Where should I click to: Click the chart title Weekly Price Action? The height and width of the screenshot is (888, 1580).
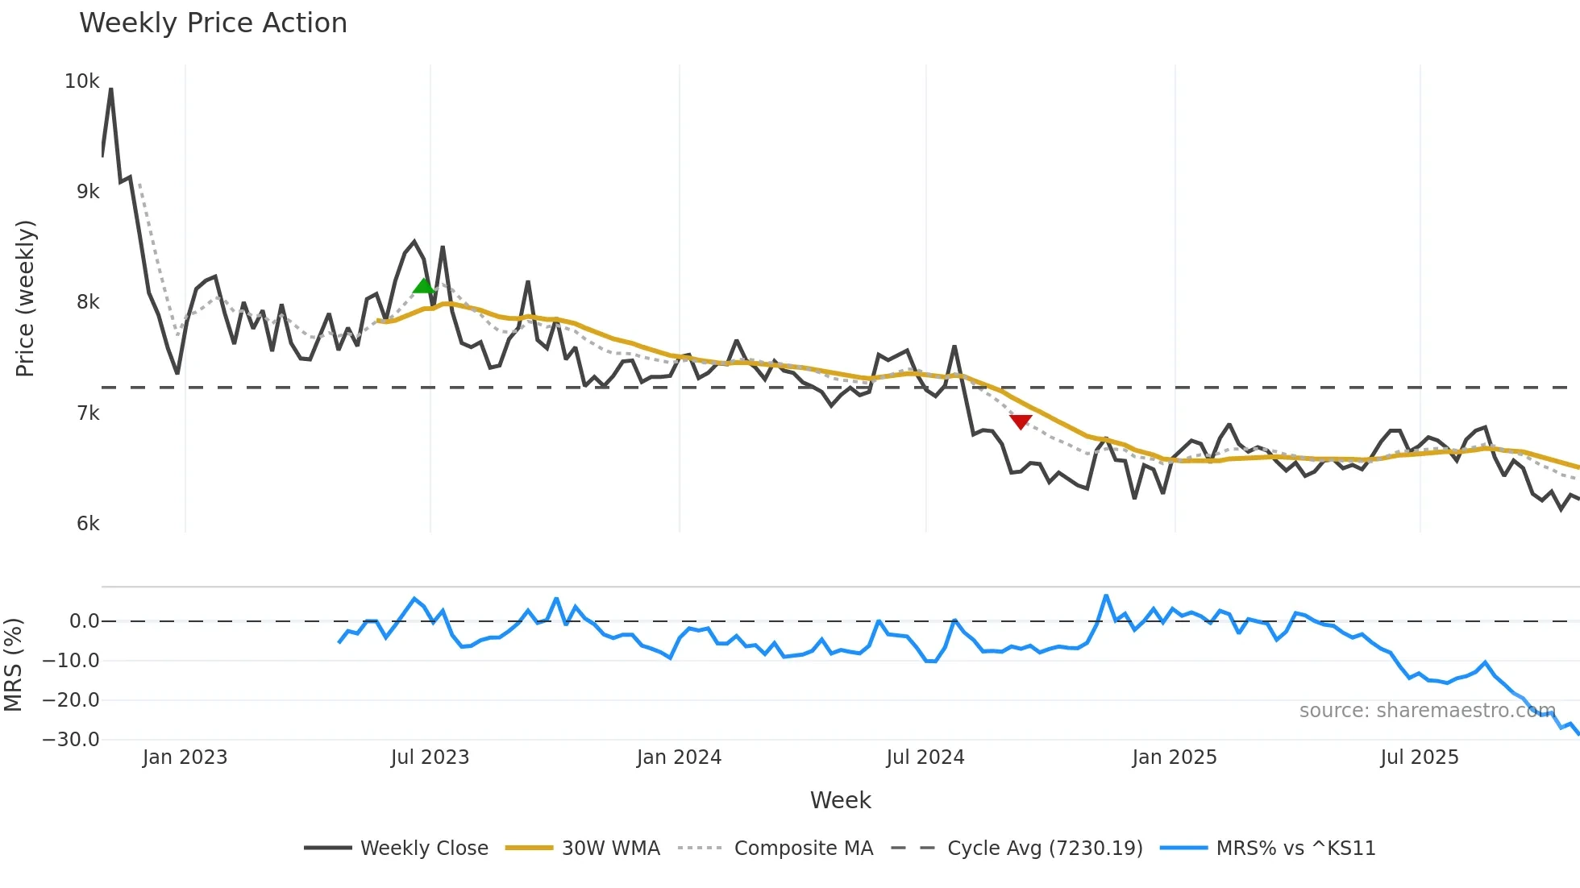coord(213,23)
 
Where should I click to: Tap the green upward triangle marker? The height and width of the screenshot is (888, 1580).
coord(423,286)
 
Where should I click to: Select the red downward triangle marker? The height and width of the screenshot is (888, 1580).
coord(1021,421)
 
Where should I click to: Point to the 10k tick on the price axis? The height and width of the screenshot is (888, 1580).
coord(81,81)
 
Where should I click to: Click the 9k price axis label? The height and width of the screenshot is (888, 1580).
coord(88,192)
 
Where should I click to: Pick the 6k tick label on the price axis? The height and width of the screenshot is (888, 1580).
coord(88,524)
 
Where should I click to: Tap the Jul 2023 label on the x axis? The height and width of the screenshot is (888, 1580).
coord(430,757)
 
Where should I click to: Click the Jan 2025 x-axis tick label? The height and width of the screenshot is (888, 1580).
coord(1174,757)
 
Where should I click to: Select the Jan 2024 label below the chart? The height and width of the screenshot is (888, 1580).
coord(679,757)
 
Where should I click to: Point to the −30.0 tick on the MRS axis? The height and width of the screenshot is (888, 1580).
coord(71,740)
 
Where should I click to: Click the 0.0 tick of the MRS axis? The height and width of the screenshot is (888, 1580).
coord(84,621)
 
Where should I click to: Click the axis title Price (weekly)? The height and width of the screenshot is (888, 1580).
coord(25,298)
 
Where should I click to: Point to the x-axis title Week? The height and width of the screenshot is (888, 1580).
coord(840,800)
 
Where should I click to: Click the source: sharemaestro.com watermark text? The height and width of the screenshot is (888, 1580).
coord(1427,711)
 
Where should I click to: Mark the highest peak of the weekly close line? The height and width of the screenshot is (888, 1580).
coord(111,89)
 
